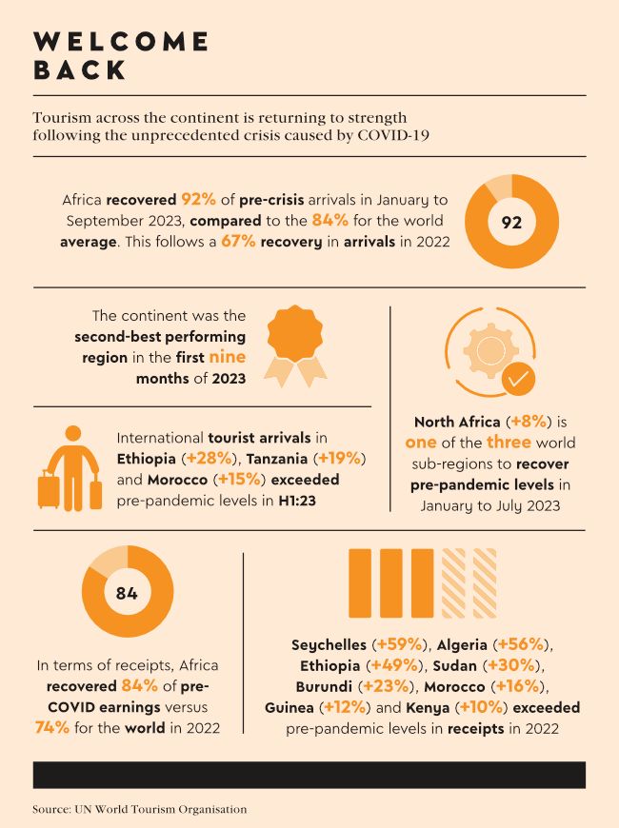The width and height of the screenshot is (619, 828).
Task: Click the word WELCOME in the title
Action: coord(121,41)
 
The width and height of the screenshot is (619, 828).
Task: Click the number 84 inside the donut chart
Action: coord(127,593)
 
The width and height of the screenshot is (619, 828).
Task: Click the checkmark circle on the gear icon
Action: coord(518,378)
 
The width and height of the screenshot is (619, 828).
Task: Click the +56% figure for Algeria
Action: coord(520,644)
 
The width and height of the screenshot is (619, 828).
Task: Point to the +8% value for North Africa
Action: coord(528,421)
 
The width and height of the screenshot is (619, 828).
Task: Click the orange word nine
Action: coord(227,358)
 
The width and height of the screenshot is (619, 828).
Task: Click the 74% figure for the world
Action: coord(54,728)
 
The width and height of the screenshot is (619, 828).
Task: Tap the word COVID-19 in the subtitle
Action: coord(392,135)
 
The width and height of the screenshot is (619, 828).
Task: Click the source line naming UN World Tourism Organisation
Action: coord(139,809)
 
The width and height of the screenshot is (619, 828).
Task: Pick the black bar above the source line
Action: coord(309,774)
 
